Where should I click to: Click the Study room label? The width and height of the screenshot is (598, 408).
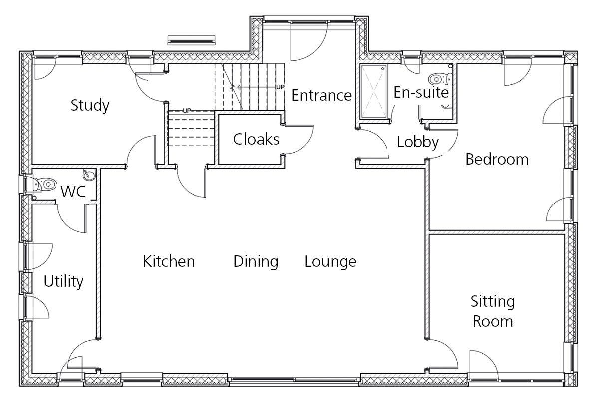(x=90, y=105)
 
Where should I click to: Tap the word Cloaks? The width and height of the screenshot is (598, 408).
(x=256, y=139)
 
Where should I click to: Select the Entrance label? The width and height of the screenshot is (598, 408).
(x=321, y=95)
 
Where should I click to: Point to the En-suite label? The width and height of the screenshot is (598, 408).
(x=421, y=92)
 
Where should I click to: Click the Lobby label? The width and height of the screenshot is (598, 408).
(x=418, y=142)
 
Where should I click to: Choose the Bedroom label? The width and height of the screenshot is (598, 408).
(x=497, y=159)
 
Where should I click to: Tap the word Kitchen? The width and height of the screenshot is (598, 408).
(x=169, y=261)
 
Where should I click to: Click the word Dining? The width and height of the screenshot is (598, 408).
(x=256, y=262)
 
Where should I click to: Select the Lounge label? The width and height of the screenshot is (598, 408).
(x=330, y=262)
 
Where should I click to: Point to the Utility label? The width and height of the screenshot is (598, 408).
(x=64, y=281)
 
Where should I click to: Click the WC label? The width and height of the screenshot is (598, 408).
(x=73, y=192)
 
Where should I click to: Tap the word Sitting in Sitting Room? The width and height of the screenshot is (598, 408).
(x=493, y=302)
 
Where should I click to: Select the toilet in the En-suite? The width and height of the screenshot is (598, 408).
(x=440, y=79)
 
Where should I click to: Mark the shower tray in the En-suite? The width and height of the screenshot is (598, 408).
(x=374, y=92)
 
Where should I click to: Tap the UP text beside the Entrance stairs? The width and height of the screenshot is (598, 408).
(x=280, y=87)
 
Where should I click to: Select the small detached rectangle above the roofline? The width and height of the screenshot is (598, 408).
(x=192, y=39)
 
